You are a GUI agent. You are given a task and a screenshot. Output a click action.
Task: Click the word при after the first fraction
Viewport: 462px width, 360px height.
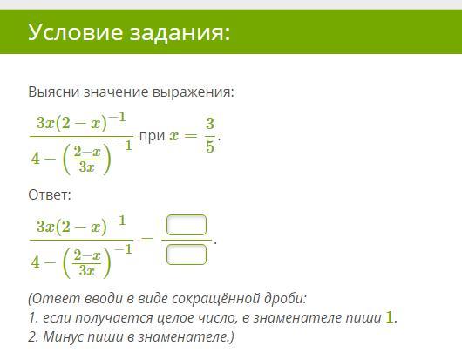point(152,139)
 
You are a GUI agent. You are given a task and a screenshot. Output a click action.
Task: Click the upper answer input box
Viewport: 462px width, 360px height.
point(187,226)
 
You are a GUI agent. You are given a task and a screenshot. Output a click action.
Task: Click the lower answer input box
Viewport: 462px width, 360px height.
point(187,255)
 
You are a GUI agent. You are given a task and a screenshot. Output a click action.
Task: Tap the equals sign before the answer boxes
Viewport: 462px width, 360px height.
point(149,240)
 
